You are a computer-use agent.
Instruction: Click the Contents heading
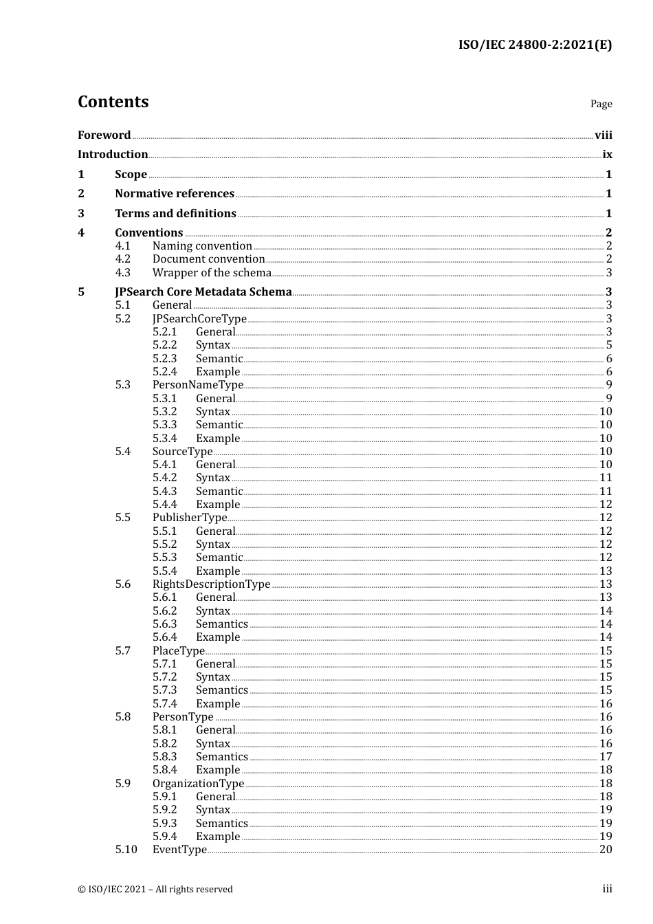[x=113, y=102]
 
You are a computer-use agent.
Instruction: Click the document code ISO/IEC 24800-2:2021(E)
[x=535, y=45]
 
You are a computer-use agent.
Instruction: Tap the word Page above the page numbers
[x=601, y=104]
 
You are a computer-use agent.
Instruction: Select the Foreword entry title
[x=104, y=135]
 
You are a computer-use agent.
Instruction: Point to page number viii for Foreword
[x=603, y=135]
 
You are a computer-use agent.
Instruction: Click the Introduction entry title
[x=113, y=155]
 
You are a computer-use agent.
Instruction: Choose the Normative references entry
[x=175, y=194]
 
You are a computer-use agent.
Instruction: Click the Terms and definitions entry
[x=175, y=214]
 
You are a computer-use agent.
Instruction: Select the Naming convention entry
[x=202, y=246]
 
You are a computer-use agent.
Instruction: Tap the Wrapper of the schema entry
[x=212, y=273]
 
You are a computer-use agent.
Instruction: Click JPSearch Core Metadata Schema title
[x=203, y=292]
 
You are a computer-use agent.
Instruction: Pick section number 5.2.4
[x=164, y=372]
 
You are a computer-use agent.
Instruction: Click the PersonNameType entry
[x=198, y=385]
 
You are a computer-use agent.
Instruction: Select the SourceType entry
[x=182, y=452]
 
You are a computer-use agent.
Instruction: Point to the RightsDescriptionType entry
[x=211, y=584]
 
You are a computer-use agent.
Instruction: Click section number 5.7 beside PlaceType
[x=123, y=651]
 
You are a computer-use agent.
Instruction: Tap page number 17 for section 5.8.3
[x=606, y=757]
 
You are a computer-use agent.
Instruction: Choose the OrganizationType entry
[x=198, y=784]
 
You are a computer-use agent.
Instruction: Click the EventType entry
[x=179, y=850]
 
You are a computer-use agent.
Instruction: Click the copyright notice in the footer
[x=155, y=890]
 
